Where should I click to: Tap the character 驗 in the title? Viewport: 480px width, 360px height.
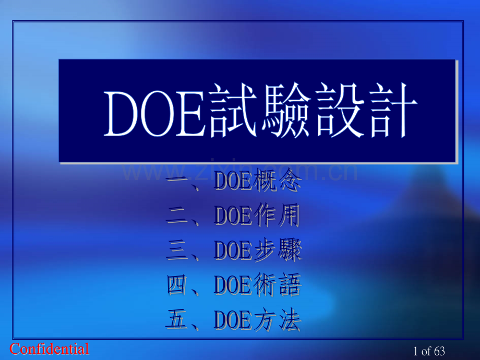[284, 113]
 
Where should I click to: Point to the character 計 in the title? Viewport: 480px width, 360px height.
[392, 113]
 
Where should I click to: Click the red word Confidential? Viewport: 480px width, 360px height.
[50, 349]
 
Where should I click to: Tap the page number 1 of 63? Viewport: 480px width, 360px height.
[429, 351]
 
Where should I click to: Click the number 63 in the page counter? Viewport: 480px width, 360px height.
[439, 351]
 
